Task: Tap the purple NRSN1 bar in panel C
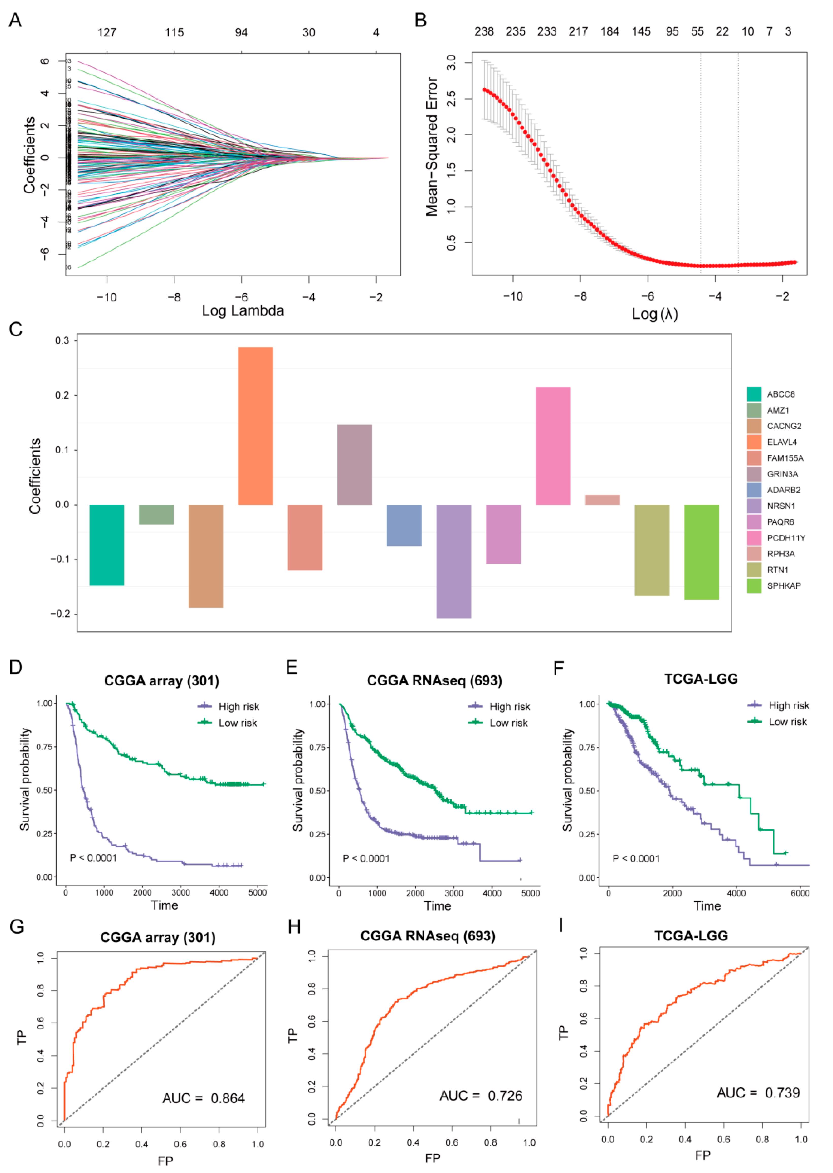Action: coord(453,561)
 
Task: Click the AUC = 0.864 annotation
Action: coord(204,1099)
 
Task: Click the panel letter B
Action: coord(421,21)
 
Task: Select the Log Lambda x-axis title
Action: coord(243,311)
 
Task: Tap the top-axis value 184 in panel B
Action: coord(609,32)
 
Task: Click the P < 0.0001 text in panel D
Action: coord(93,858)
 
